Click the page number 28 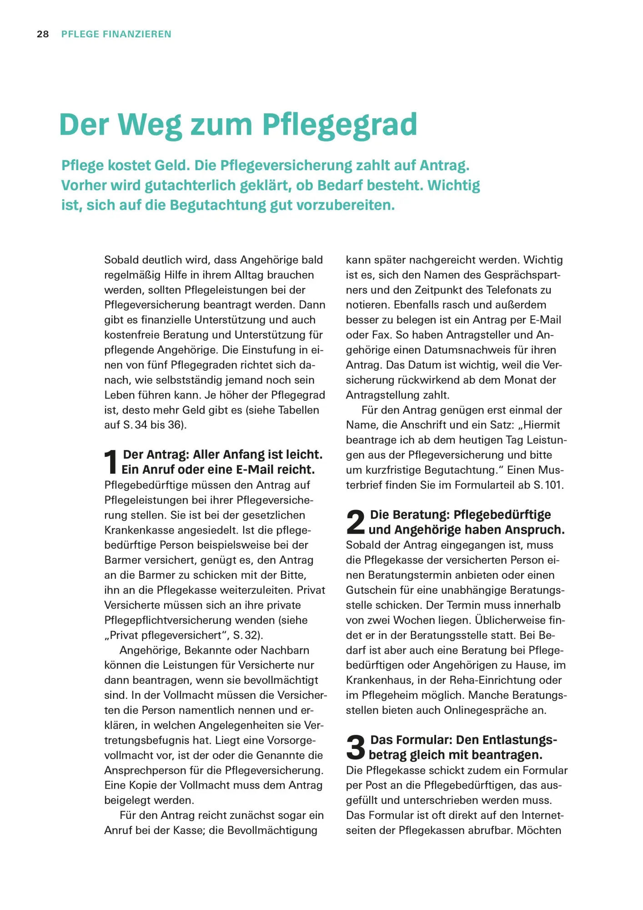(43, 34)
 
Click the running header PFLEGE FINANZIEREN (116, 34)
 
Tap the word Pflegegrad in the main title (340, 124)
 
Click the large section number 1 (111, 462)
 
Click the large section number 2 (355, 522)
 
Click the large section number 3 (355, 747)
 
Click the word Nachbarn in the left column (285, 650)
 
